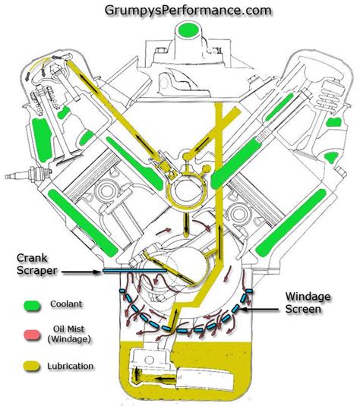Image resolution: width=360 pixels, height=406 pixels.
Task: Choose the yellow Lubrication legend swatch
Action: [x=32, y=366]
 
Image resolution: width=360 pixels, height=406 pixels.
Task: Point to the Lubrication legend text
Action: [x=70, y=366]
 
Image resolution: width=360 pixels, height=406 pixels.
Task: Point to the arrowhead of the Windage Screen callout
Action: [x=249, y=308]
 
